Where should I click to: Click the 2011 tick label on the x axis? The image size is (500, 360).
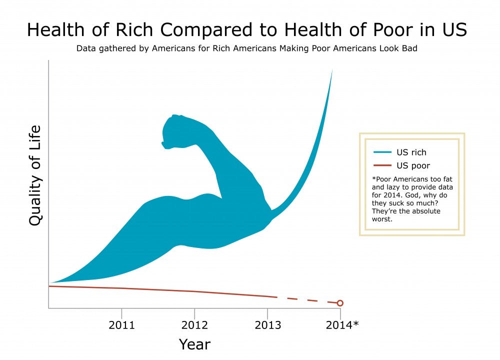[x=121, y=325]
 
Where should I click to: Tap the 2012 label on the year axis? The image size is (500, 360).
[x=194, y=325]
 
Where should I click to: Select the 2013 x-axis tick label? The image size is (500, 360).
[x=267, y=325]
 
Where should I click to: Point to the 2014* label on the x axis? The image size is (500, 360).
[x=342, y=325]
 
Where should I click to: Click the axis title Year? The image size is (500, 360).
[x=194, y=344]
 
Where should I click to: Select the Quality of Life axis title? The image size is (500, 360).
[x=35, y=175]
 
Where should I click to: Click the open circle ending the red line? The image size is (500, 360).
[x=340, y=303]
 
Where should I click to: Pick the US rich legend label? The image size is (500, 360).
[x=411, y=152]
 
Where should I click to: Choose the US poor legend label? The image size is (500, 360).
[x=413, y=165]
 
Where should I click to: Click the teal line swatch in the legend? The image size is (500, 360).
[x=382, y=152]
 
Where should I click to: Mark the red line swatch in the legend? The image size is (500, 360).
[x=382, y=165]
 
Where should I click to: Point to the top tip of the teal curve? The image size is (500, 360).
[x=332, y=70]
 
